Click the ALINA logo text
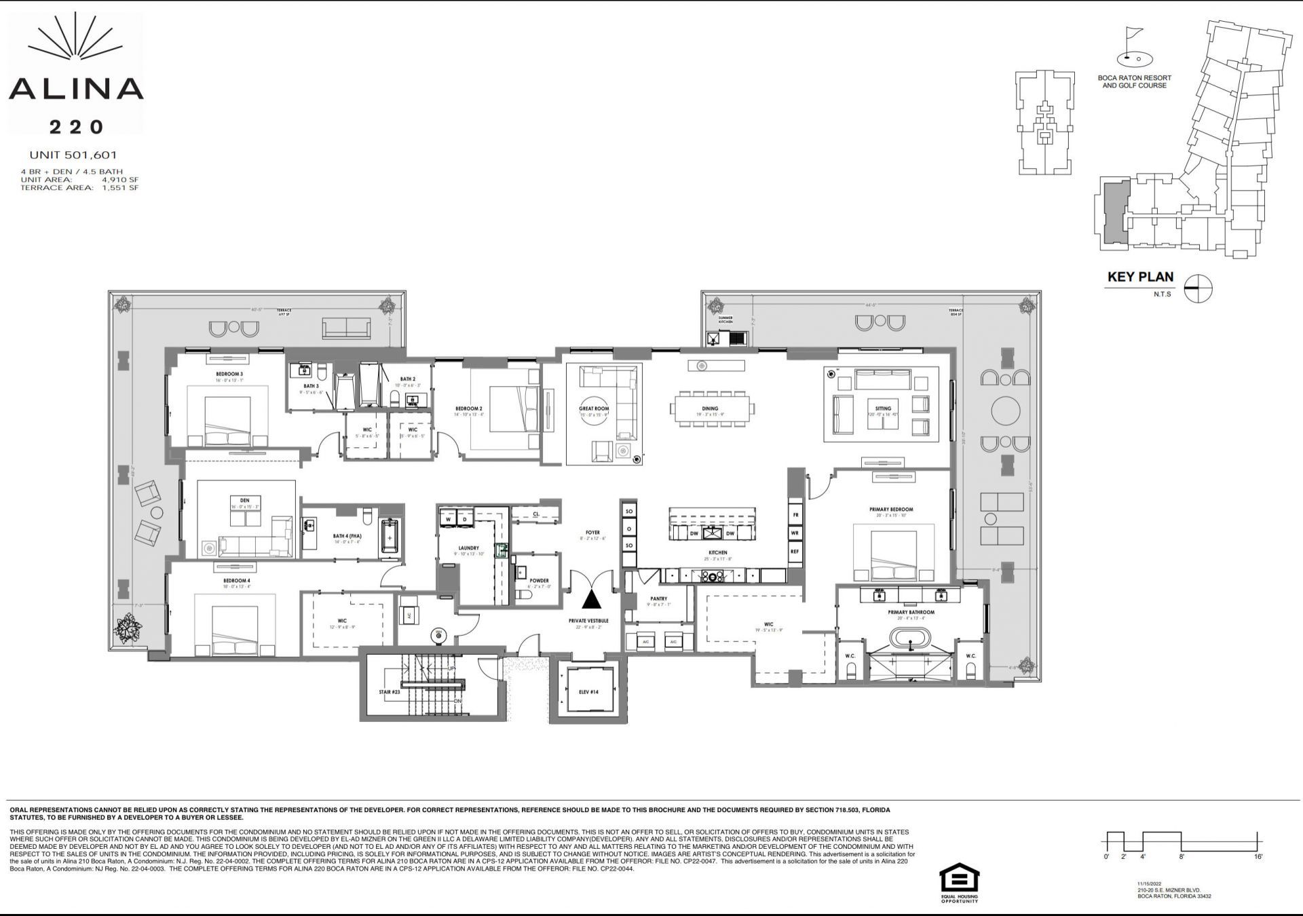pyautogui.click(x=76, y=89)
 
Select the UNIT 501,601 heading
pyautogui.click(x=73, y=155)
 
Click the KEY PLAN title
pyautogui.click(x=1140, y=277)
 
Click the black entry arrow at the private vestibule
pyautogui.click(x=592, y=599)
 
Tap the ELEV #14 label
pyautogui.click(x=588, y=692)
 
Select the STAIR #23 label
pyautogui.click(x=390, y=692)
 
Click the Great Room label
pyautogui.click(x=593, y=409)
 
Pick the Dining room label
pyautogui.click(x=710, y=409)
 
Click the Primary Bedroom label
pyautogui.click(x=890, y=509)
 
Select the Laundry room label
pyautogui.click(x=468, y=548)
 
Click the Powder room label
pyautogui.click(x=539, y=581)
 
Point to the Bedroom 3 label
pyautogui.click(x=229, y=375)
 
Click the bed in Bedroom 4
pyautogui.click(x=235, y=628)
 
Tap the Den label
pyautogui.click(x=244, y=501)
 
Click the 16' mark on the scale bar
pyautogui.click(x=1258, y=857)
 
